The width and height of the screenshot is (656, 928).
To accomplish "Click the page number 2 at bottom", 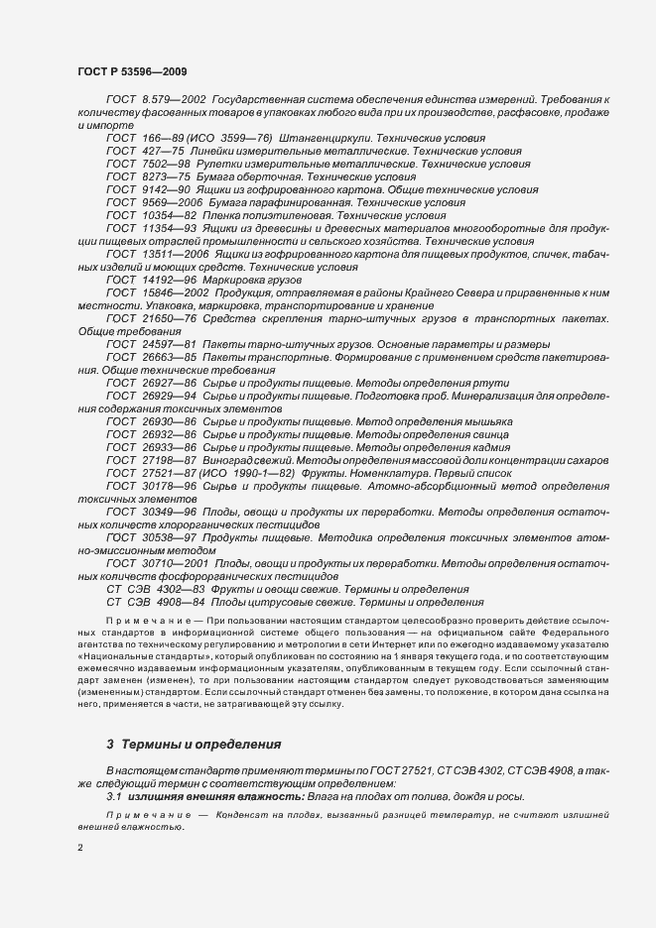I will [x=80, y=847].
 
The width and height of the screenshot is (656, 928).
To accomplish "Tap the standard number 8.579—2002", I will [x=174, y=101].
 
